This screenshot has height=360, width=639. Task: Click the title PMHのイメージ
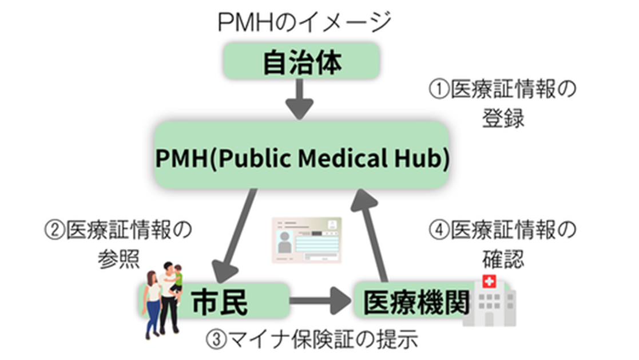(x=303, y=23)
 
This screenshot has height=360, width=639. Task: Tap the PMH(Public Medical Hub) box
(x=302, y=158)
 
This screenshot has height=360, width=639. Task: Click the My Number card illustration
(x=306, y=240)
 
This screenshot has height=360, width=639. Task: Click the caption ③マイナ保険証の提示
(x=311, y=341)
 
